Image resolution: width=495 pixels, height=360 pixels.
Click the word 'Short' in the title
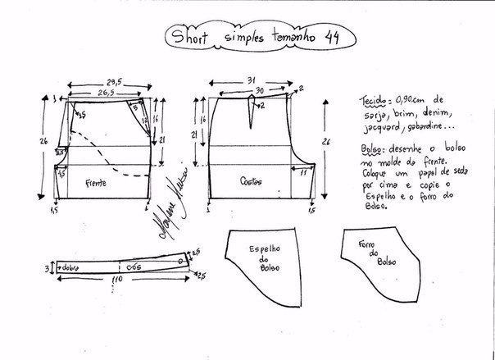pyautogui.click(x=191, y=36)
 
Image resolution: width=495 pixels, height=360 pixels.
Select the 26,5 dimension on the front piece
pyautogui.click(x=103, y=93)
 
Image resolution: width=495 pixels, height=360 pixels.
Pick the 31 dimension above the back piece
pyautogui.click(x=252, y=80)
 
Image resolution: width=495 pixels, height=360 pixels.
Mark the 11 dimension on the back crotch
pyautogui.click(x=302, y=173)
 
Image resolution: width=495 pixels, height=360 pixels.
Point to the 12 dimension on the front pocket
pyautogui.click(x=155, y=119)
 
